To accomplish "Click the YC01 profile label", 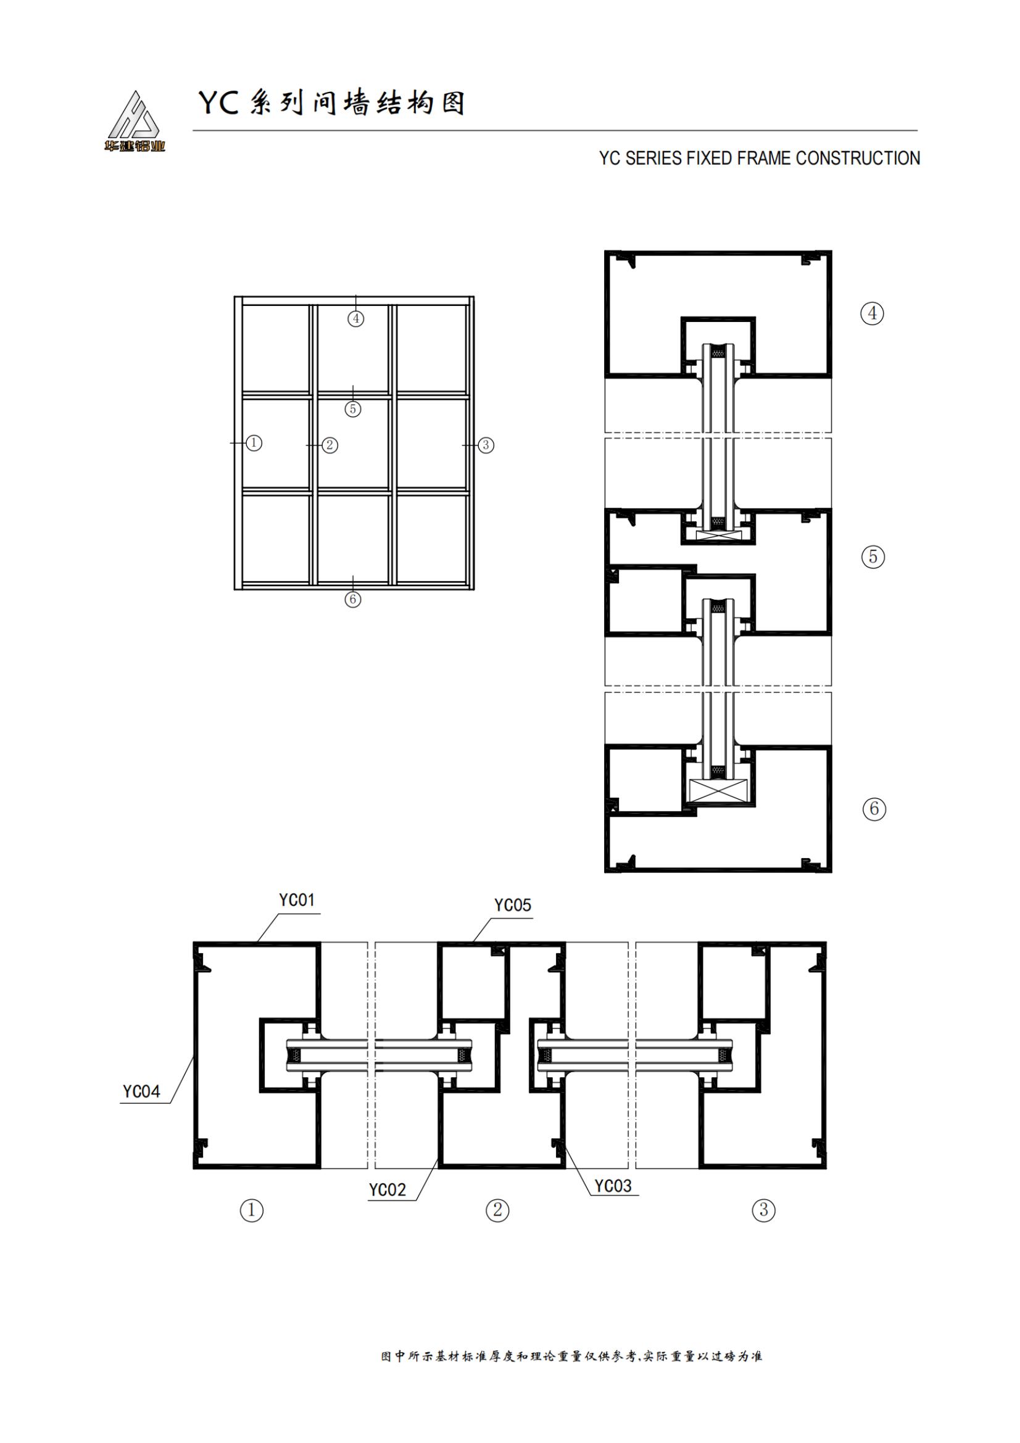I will pos(296,900).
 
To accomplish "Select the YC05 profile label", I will pos(512,905).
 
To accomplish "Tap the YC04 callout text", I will pos(141,1092).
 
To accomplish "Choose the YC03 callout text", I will pos(612,1186).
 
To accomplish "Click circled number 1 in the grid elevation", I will pos(254,443).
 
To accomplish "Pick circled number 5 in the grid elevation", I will pos(352,409).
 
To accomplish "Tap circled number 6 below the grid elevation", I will pos(352,600).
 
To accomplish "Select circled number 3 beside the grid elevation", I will pos(485,445).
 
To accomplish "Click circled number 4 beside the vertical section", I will pos(872,313).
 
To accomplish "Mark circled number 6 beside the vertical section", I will pos(874,809).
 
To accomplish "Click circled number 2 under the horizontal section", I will pos(497,1220).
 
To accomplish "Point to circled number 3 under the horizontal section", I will pos(763,1220).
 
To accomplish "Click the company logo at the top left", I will pos(135,122).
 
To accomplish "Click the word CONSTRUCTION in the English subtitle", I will pos(858,159).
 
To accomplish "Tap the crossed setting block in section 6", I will pos(718,790).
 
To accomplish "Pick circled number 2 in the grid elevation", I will pos(330,445).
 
